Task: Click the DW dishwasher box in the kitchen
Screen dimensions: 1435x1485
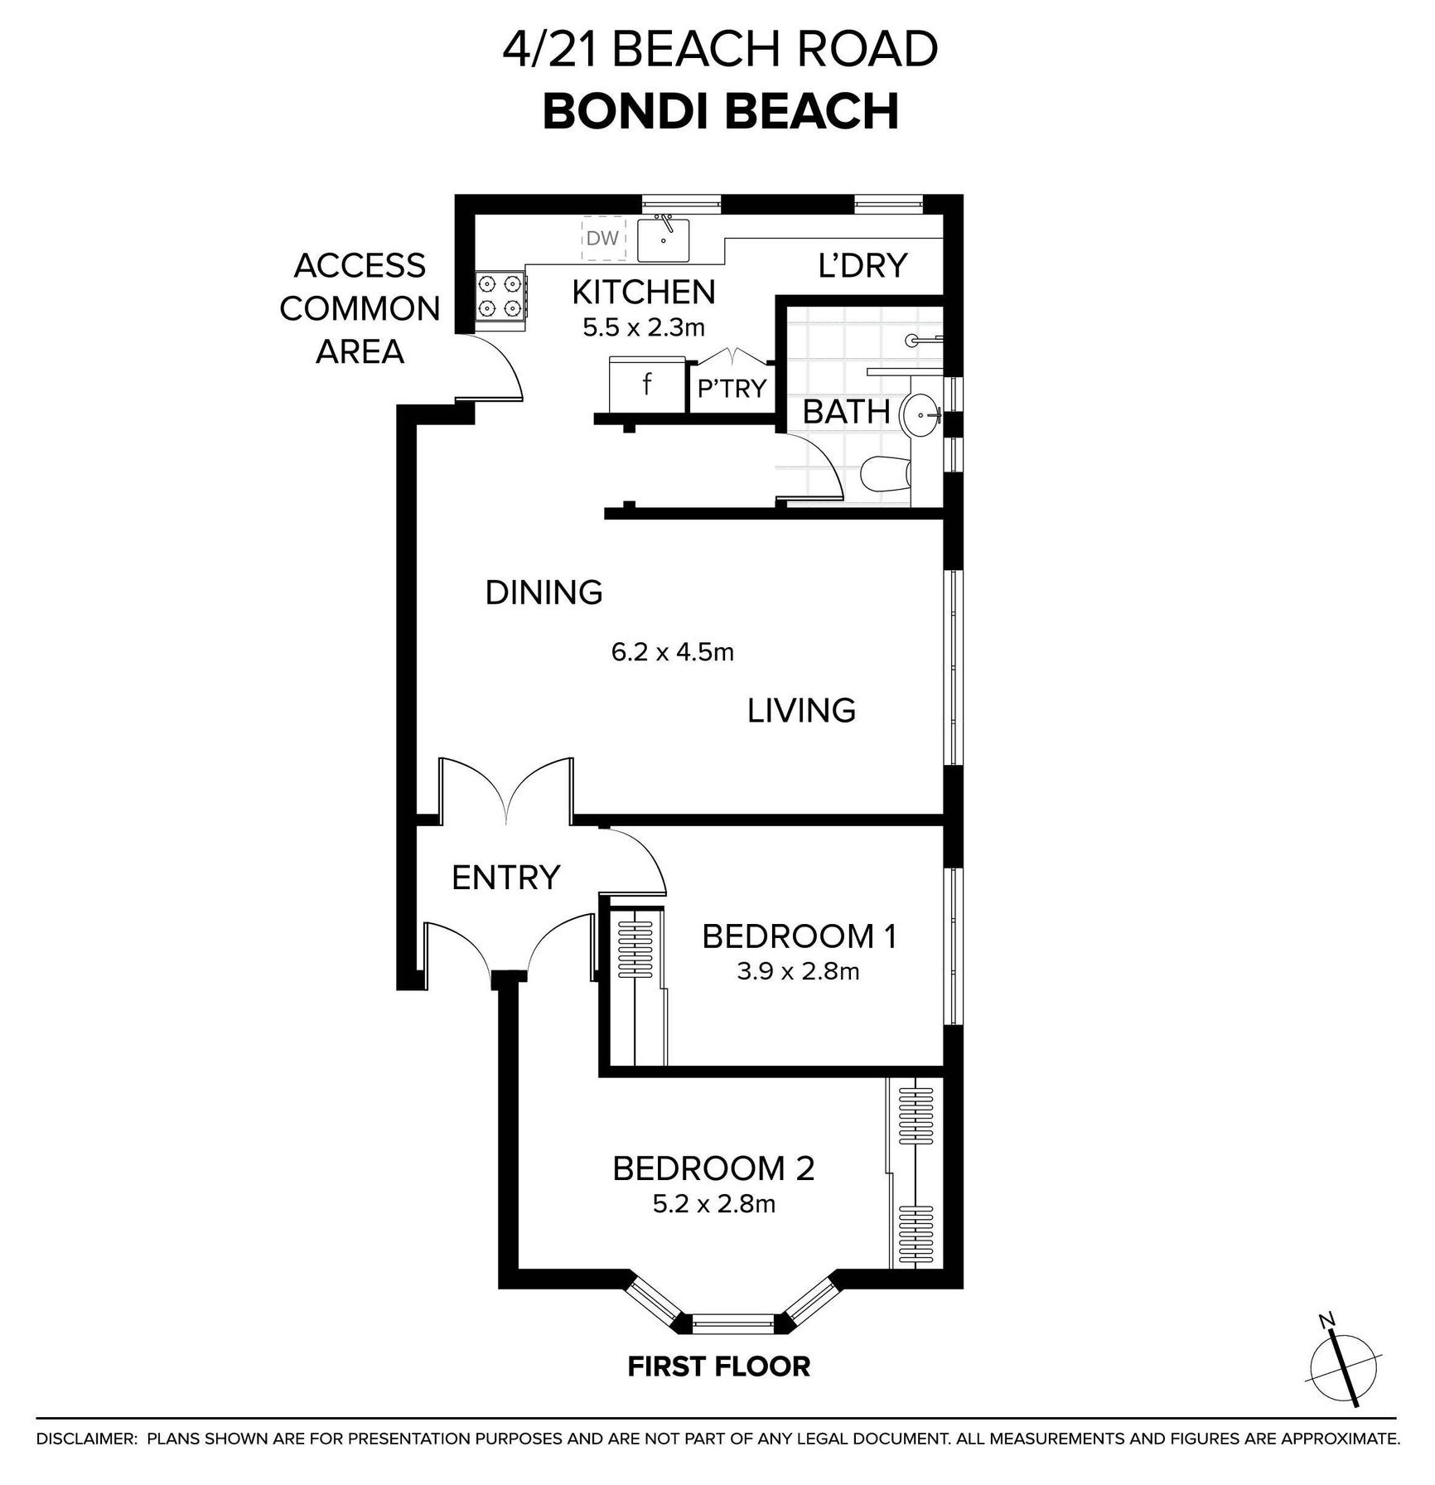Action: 603,239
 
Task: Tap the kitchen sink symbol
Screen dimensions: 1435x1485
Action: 663,239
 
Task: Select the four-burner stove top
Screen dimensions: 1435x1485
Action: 500,297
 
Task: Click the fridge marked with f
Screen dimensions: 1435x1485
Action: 647,385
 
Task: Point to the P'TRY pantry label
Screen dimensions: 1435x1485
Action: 732,388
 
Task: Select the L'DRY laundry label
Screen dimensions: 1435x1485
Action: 862,265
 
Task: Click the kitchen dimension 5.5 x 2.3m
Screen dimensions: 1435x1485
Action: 644,327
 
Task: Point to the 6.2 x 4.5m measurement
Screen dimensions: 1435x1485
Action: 673,652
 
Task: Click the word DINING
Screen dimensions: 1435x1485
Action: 544,593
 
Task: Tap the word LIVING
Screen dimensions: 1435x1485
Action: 801,710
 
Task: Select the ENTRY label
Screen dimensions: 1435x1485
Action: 505,877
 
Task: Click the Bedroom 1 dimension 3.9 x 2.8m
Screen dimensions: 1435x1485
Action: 798,970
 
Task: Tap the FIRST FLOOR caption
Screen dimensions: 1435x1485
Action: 718,1366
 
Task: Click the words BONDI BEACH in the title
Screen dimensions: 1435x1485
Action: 721,112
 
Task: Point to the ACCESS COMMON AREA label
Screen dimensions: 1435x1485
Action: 360,308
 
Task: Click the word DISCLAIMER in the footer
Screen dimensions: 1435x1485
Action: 86,1439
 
